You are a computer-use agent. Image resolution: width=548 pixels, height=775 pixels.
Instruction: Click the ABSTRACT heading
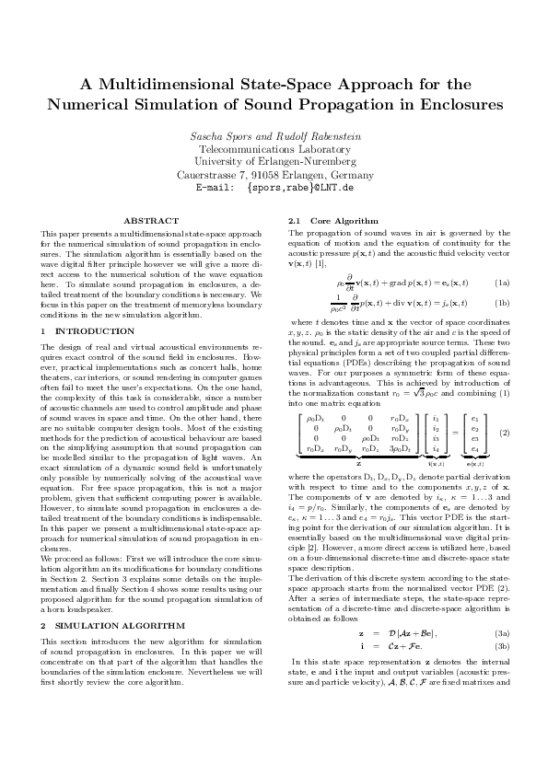151,222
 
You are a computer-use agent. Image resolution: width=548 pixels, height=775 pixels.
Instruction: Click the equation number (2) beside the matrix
505,433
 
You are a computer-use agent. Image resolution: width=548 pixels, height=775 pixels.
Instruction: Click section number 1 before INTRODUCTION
43,330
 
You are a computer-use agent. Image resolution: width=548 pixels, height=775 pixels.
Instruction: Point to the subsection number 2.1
296,222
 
